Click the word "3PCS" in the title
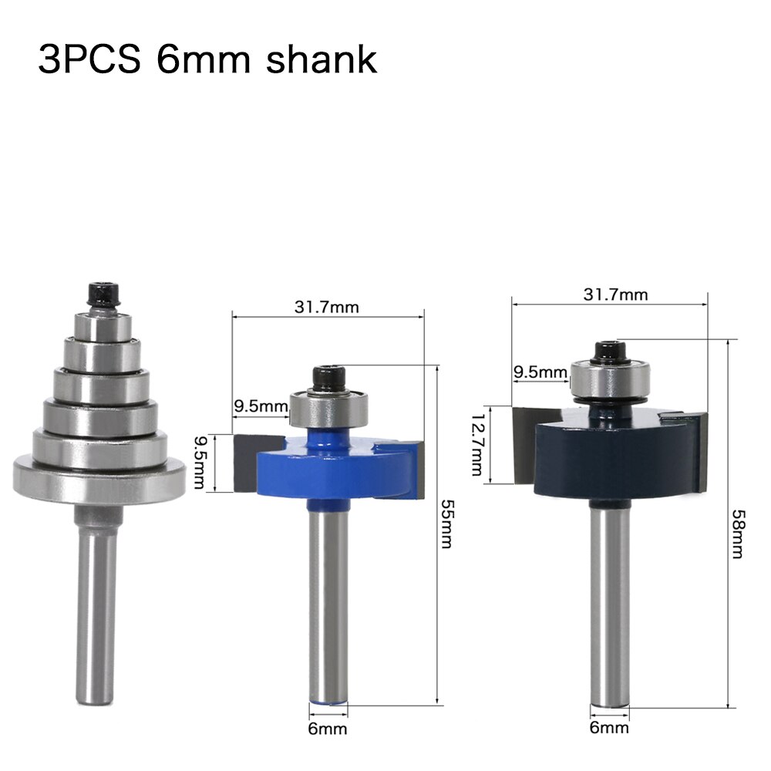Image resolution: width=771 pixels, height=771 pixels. [x=89, y=59]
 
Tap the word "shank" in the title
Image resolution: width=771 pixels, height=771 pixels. [x=322, y=59]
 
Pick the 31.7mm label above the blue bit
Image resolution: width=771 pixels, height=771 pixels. [x=327, y=307]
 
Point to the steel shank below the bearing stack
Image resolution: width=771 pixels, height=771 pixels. [x=98, y=594]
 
